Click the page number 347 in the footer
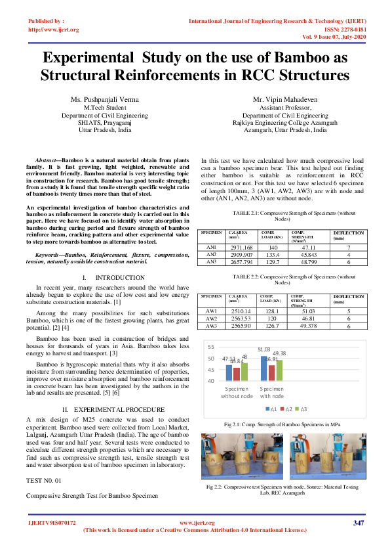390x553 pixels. coord(358,523)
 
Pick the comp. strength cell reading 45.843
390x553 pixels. coord(303,254)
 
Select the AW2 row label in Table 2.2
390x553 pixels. coord(212,318)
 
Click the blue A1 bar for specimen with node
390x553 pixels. coord(264,368)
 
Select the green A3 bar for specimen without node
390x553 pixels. coord(245,372)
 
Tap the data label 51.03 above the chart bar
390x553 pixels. coord(264,350)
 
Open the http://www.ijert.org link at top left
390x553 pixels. coord(54,30)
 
